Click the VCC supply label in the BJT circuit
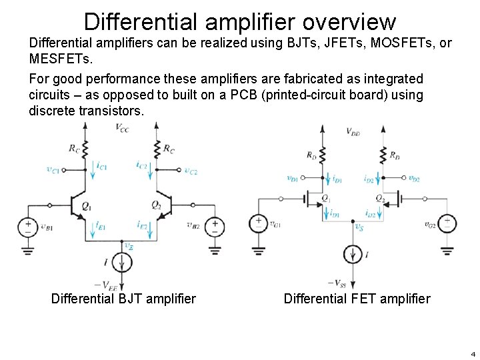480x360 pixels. tap(122, 127)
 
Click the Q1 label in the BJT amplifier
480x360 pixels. tap(87, 206)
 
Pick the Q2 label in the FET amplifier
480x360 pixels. tap(379, 199)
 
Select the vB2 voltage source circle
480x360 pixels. tap(214, 227)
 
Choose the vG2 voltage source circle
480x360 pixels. tap(447, 223)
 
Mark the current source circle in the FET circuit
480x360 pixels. tap(353, 255)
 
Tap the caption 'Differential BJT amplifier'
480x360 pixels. tap(123, 299)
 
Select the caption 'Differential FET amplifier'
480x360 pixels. tap(357, 299)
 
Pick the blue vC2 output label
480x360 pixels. tap(191, 171)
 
